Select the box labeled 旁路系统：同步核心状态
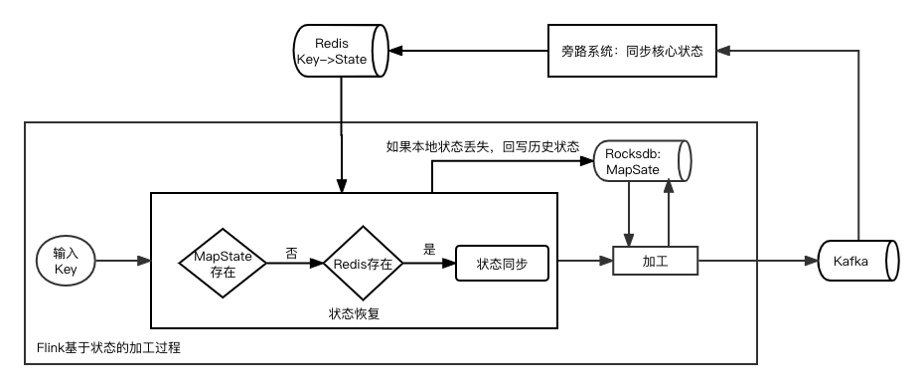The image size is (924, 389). pyautogui.click(x=625, y=51)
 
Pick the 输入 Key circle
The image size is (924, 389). pyautogui.click(x=66, y=262)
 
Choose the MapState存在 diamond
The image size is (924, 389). pyautogui.click(x=223, y=263)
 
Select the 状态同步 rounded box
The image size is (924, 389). pyautogui.click(x=502, y=264)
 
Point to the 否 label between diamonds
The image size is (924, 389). pyautogui.click(x=291, y=253)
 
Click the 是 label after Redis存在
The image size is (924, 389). pyautogui.click(x=429, y=250)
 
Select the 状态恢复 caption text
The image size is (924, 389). pyautogui.click(x=354, y=312)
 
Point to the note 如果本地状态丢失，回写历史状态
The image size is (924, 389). pyautogui.click(x=482, y=147)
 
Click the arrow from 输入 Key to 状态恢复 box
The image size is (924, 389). pyautogui.click(x=124, y=262)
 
